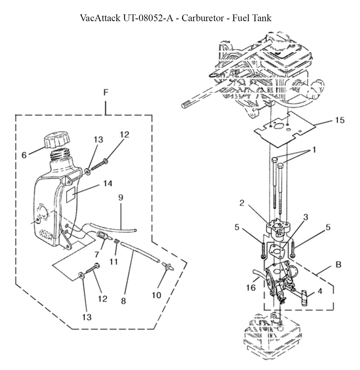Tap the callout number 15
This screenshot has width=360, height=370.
339,120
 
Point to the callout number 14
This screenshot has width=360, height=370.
107,184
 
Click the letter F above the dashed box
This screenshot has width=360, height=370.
105,93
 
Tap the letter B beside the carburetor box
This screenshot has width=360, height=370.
338,265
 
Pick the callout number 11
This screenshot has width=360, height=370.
114,262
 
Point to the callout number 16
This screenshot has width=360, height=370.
251,287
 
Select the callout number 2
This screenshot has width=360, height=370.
242,203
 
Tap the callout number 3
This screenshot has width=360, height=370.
306,217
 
